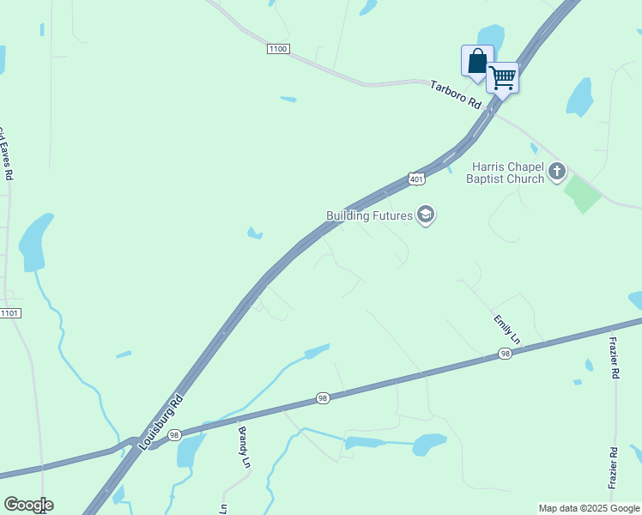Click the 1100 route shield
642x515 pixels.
278,49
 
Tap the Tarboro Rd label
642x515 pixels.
457,94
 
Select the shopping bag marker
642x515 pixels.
477,62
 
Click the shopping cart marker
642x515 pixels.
502,78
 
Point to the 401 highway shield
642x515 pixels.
416,179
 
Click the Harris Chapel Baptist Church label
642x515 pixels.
506,173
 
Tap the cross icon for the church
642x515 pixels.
557,172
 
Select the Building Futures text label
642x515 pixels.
370,215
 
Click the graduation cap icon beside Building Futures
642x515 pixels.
426,215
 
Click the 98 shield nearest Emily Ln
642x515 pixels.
506,354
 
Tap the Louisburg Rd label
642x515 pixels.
162,421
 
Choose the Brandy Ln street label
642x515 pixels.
244,447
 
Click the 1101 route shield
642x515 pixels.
10,312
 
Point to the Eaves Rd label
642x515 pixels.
5,154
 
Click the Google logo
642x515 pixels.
28,505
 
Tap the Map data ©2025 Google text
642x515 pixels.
588,508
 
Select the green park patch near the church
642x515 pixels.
583,195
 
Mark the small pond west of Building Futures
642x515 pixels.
254,233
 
